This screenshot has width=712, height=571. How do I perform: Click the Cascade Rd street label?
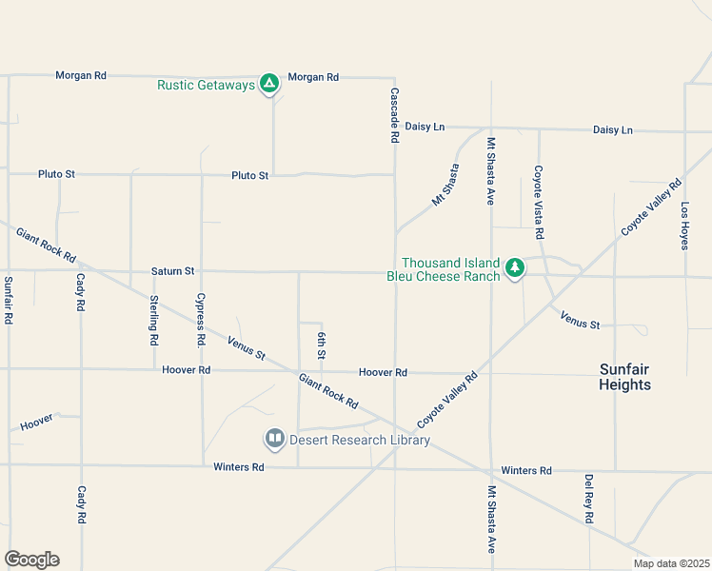click(394, 115)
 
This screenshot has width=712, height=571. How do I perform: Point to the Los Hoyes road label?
click(684, 225)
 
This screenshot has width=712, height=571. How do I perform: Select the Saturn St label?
click(172, 271)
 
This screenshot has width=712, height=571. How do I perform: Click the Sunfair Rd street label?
click(8, 300)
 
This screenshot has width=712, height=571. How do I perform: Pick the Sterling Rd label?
click(153, 320)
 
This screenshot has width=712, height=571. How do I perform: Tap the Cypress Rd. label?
click(201, 319)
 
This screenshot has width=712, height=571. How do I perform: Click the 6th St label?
click(322, 345)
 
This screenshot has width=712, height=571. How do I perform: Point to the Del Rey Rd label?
click(589, 499)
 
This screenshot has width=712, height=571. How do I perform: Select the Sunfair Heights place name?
click(625, 376)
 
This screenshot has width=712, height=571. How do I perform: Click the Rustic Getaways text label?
click(207, 85)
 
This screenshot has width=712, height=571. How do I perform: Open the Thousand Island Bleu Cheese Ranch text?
click(450, 269)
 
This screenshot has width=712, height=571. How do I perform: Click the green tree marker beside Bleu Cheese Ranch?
click(515, 267)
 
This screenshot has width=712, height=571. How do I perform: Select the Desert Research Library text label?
click(360, 440)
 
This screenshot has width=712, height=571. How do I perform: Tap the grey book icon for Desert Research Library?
click(274, 439)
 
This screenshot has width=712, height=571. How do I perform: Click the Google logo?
click(31, 559)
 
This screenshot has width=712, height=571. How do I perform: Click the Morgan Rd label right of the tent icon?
click(313, 76)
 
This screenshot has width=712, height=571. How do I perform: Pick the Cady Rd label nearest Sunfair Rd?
click(81, 293)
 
